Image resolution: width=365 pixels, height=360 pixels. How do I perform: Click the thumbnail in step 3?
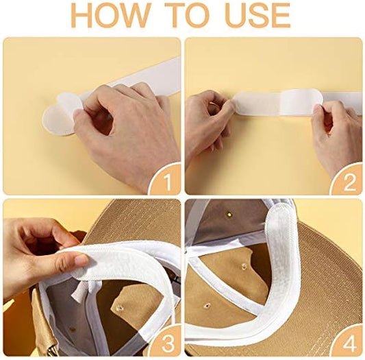pos(81,258)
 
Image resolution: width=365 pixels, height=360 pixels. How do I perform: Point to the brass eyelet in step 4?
pos(230,213)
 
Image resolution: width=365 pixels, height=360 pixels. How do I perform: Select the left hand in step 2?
pos(208,123)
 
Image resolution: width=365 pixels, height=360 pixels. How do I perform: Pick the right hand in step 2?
pos(335,135)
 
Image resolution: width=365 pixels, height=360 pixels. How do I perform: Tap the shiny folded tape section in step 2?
pos(301,102)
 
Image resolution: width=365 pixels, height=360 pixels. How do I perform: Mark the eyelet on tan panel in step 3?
pos(120,309)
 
